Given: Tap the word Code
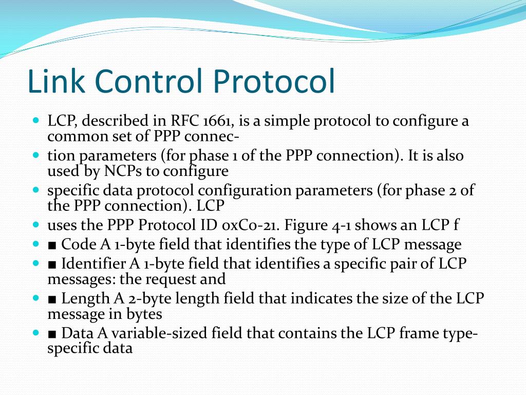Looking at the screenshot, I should tap(78, 244).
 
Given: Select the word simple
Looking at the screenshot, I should tap(290, 121).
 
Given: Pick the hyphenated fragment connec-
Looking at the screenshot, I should tap(220, 136).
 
